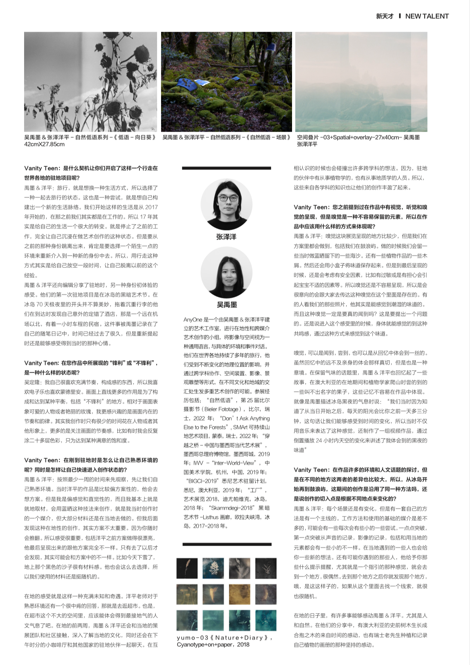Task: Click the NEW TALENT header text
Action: tap(427, 16)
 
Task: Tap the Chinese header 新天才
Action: tap(384, 16)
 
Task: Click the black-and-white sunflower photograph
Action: tap(90, 82)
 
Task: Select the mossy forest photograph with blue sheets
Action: tap(226, 82)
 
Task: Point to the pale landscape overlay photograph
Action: tap(361, 82)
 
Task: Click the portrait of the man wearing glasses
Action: tap(226, 205)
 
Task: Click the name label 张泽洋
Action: tap(226, 237)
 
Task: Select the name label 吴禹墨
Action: tap(227, 304)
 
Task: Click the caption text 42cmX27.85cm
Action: tap(44, 144)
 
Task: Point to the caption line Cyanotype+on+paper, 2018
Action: tap(213, 645)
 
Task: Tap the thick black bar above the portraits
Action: tap(226, 168)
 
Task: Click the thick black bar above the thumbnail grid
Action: tap(227, 545)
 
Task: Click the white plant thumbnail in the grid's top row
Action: tap(213, 568)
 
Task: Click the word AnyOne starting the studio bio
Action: tap(192, 320)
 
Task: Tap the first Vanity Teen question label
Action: tap(41, 168)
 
